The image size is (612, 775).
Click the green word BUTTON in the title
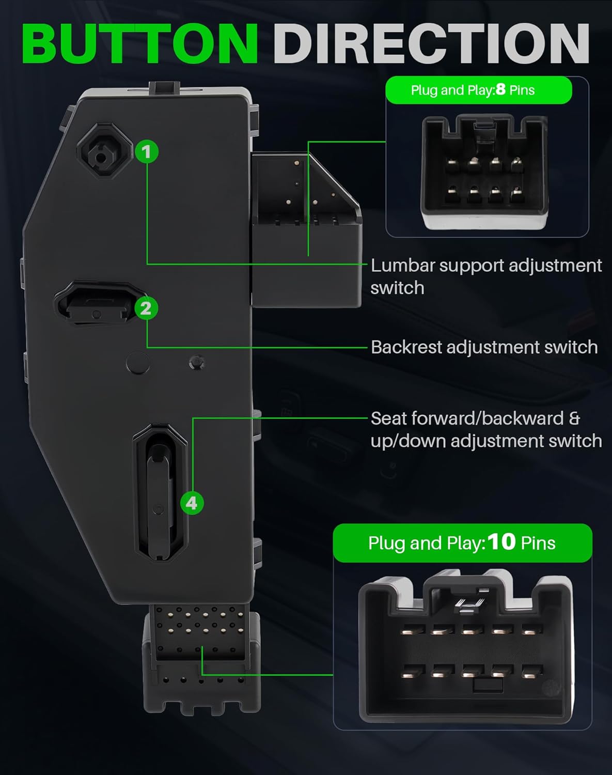[139, 43]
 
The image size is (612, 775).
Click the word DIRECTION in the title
[431, 43]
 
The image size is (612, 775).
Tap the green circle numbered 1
[147, 152]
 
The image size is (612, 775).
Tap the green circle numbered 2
[146, 308]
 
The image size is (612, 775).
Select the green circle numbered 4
[192, 503]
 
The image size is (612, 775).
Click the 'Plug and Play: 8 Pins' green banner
[478, 90]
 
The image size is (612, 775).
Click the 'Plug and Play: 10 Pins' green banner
[462, 542]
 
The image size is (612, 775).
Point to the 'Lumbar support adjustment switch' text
[485, 276]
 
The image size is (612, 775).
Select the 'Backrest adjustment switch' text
[484, 347]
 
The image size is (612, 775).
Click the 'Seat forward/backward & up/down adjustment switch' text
[485, 429]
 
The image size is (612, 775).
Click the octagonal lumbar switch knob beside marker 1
[102, 152]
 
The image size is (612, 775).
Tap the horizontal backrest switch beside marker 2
[96, 305]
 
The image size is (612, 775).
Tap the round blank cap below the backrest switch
[138, 363]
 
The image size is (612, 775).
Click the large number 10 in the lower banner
[501, 541]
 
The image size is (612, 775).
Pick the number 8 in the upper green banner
[500, 90]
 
